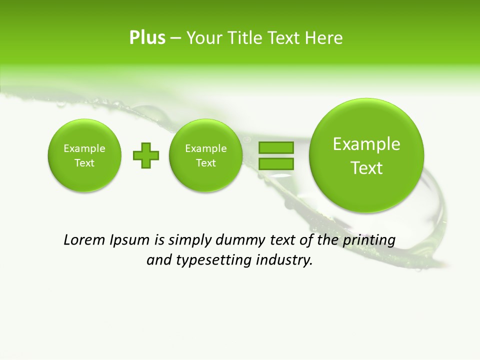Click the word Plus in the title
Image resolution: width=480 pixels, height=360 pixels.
click(x=147, y=38)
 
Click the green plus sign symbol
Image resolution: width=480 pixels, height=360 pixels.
click(x=146, y=155)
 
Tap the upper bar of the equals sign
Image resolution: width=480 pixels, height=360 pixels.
click(x=276, y=147)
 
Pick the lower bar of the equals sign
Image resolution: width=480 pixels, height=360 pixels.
click(x=276, y=163)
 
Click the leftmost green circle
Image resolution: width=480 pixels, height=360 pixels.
click(x=84, y=155)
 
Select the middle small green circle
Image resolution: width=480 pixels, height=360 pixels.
click(x=206, y=155)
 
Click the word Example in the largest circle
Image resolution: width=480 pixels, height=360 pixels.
click(x=366, y=144)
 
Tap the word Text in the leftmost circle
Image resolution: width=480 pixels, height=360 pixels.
click(x=84, y=163)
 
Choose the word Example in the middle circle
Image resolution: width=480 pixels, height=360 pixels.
click(x=206, y=148)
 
